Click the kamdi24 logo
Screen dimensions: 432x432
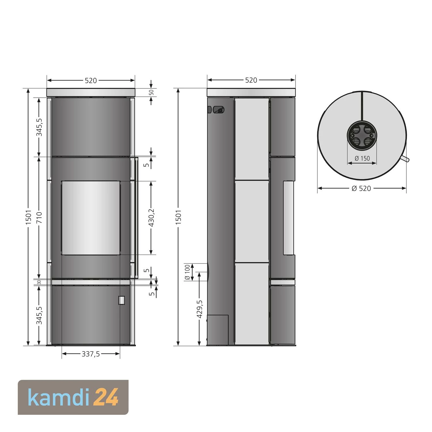(73, 397)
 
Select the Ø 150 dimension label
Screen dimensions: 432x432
(362, 158)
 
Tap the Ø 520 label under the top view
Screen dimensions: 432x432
(361, 188)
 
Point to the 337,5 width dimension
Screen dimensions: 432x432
(91, 354)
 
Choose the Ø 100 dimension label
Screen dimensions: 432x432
(187, 272)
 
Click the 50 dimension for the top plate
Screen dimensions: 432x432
(151, 92)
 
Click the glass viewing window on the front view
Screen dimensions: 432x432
(91, 218)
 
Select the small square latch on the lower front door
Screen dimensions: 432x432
(122, 300)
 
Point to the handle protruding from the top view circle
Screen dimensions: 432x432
(406, 159)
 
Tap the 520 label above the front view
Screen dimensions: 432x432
(91, 81)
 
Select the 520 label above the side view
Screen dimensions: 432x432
(251, 80)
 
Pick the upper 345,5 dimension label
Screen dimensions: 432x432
(39, 127)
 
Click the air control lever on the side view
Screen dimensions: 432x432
(219, 110)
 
